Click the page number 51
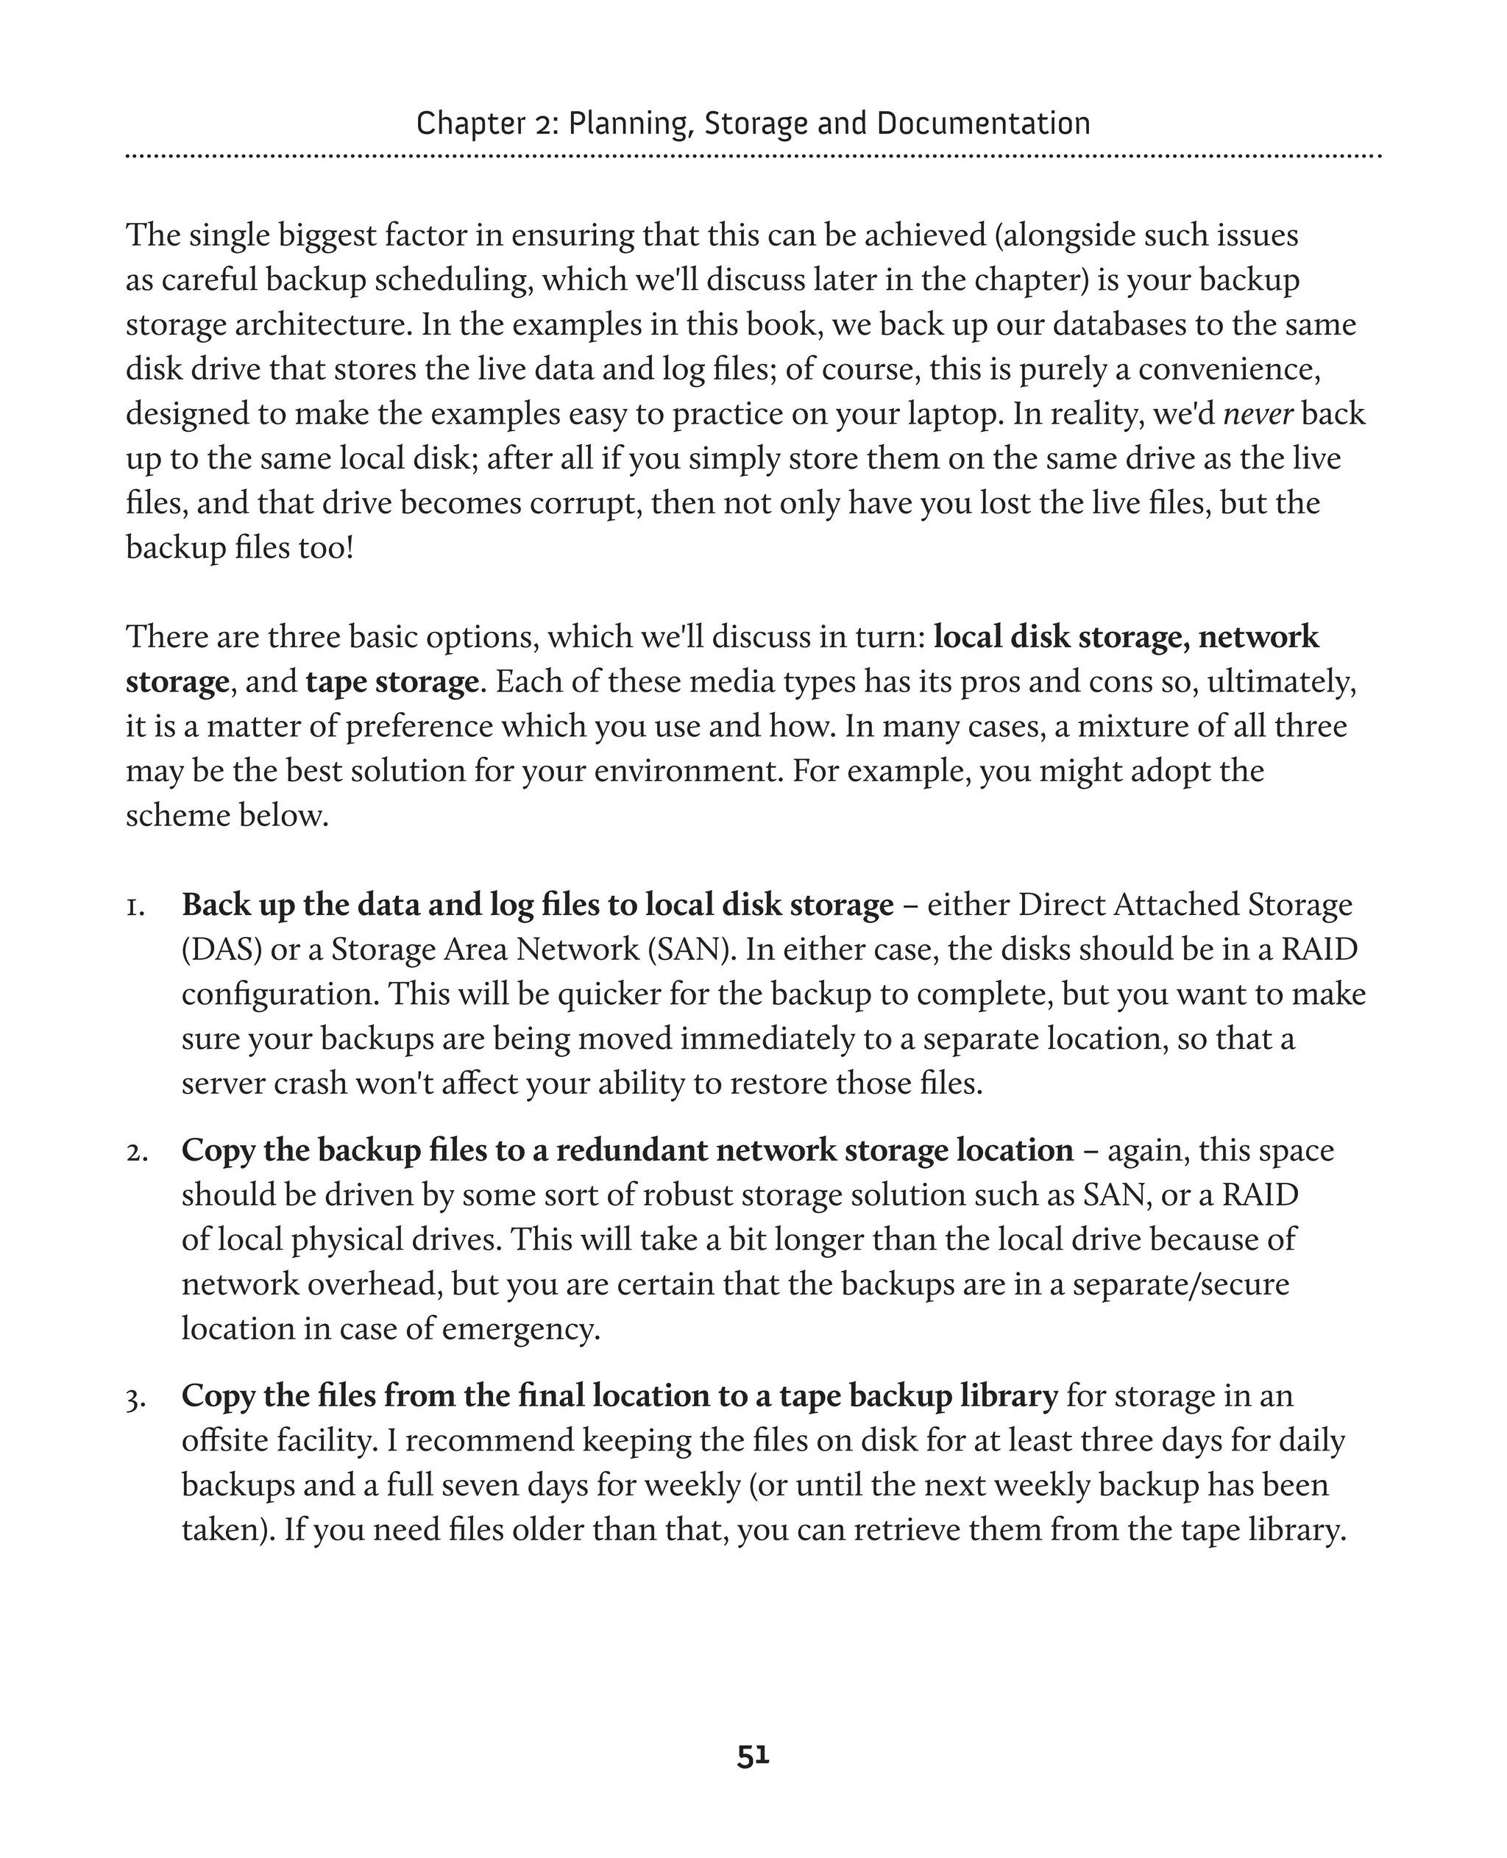click(x=753, y=1756)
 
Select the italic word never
click(x=1258, y=414)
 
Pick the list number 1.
click(x=135, y=906)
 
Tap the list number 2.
click(x=136, y=1152)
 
